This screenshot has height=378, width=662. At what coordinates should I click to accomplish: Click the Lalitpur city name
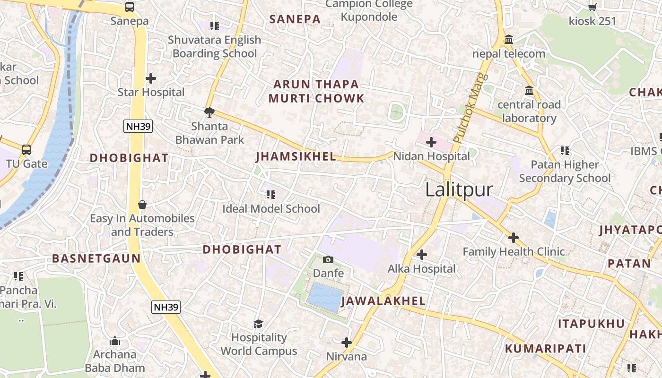coord(459,190)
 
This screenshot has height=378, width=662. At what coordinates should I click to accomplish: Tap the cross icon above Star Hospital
coord(151,78)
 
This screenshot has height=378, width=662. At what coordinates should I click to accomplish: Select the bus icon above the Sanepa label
coord(130,7)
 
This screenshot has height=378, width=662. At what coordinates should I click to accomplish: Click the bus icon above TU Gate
coord(26,150)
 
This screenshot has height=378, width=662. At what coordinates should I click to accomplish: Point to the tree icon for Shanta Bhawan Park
coord(209,112)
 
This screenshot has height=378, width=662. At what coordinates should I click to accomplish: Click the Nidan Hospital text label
coord(431,156)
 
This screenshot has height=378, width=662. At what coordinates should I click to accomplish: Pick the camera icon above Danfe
coord(328,259)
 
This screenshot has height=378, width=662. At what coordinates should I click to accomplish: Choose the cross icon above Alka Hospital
coord(421,255)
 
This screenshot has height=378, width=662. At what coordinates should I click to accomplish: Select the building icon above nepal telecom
coord(509,40)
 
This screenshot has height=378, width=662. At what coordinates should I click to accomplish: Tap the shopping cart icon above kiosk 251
coord(592,7)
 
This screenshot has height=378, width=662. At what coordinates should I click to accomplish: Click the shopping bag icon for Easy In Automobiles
coord(142,205)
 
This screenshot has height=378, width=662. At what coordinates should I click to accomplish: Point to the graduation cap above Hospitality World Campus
coord(258,324)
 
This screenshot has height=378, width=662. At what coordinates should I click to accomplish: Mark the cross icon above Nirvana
coord(347,342)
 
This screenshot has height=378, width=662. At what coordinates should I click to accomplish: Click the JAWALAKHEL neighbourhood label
coord(383,301)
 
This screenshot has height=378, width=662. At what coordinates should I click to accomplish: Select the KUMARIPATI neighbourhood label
coord(545,349)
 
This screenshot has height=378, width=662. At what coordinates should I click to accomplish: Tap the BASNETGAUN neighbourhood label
coord(96,258)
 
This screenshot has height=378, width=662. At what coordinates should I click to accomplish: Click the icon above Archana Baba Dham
coord(115,341)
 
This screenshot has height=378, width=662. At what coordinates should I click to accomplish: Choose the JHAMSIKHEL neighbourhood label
coord(296,157)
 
